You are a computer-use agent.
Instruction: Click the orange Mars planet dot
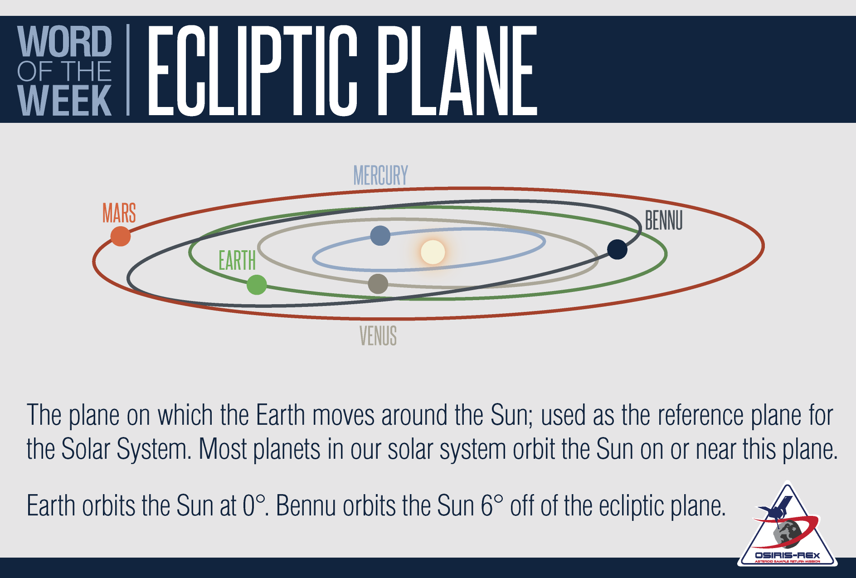click(x=121, y=236)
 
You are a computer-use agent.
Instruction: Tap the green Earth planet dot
click(x=257, y=285)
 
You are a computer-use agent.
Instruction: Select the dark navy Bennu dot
click(x=617, y=249)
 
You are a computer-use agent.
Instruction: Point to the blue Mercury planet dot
click(x=380, y=236)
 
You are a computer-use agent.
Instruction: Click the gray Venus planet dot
click(x=378, y=284)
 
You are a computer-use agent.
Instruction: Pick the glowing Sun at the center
click(x=433, y=252)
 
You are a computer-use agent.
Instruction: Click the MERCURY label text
click(x=380, y=175)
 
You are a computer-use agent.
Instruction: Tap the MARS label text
click(x=119, y=213)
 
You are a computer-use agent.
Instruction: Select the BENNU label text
click(x=663, y=221)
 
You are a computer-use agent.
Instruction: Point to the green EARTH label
click(x=237, y=261)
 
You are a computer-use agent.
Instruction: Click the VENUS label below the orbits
click(x=378, y=336)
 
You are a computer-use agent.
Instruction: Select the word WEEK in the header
click(x=64, y=100)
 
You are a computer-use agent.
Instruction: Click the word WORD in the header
click(x=64, y=42)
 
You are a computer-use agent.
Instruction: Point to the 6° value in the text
click(x=491, y=506)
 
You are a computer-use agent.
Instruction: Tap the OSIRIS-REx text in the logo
click(x=787, y=555)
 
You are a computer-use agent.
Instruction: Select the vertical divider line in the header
click(x=128, y=69)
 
